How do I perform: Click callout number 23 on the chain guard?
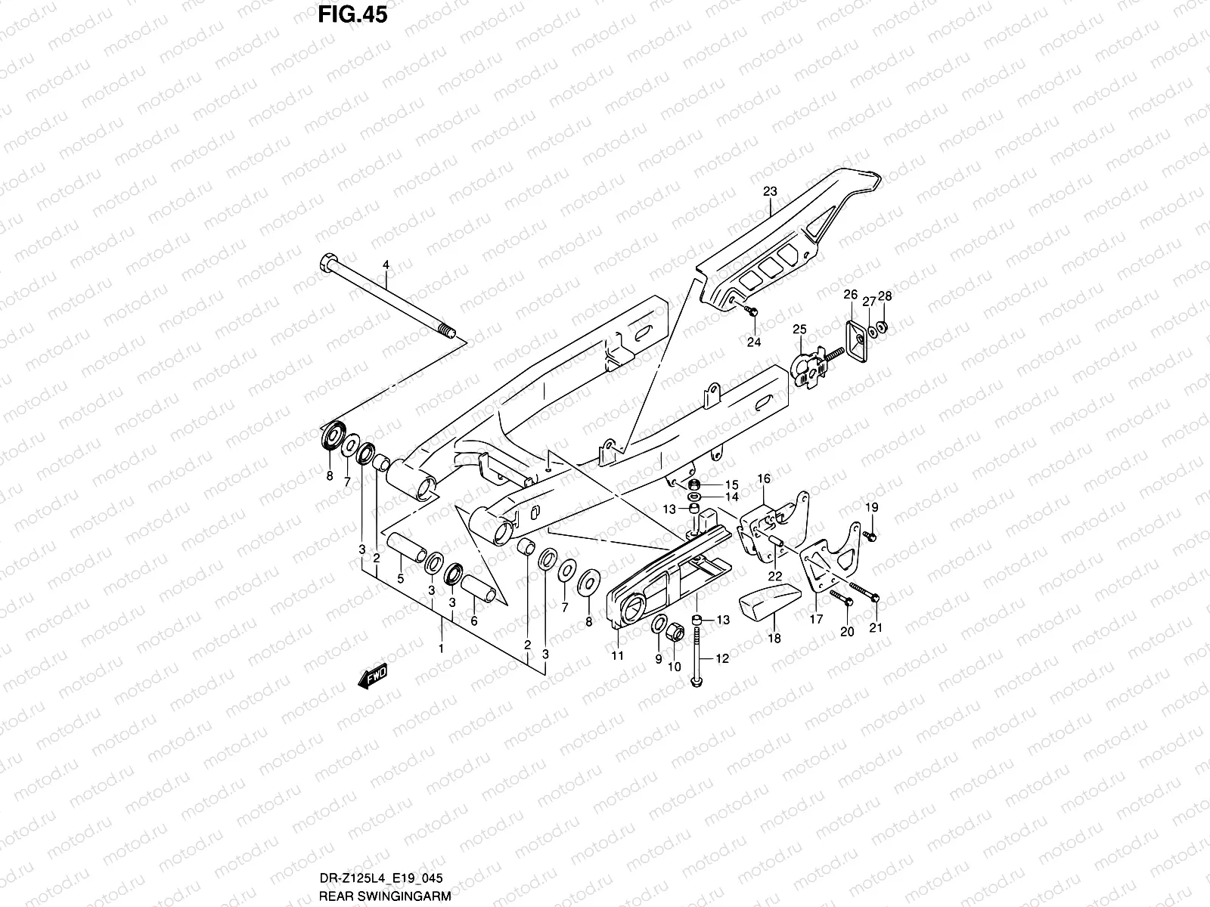tap(770, 192)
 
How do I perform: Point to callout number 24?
tap(753, 341)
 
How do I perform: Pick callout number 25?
tap(799, 329)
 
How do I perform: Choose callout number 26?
tap(850, 295)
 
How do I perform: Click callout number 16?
tap(764, 479)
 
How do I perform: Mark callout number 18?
tap(774, 637)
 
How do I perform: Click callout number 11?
tap(618, 655)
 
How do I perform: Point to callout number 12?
tap(721, 659)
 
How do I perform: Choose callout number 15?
tap(731, 484)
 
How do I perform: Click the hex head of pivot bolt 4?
tap(326, 265)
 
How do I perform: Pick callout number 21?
tap(876, 627)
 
